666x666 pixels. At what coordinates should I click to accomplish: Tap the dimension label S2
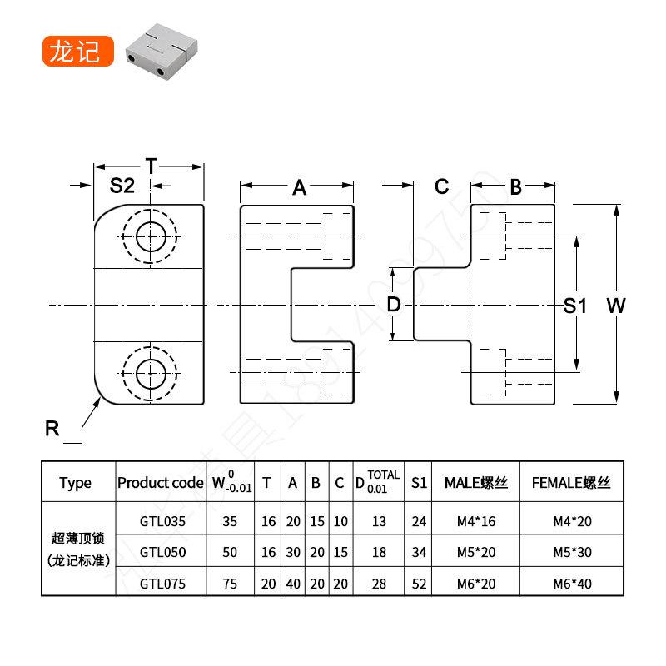click(x=122, y=186)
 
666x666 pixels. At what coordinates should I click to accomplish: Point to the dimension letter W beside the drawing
click(x=616, y=306)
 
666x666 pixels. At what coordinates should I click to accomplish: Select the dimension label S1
click(x=575, y=306)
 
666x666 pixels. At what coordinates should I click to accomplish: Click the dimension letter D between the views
click(x=395, y=305)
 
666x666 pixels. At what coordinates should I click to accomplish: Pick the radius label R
click(x=52, y=429)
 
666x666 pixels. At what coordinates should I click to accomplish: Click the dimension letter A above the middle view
click(x=299, y=188)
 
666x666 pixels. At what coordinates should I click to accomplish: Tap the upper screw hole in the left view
click(x=150, y=234)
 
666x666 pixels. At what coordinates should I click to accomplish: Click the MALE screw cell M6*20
click(x=476, y=584)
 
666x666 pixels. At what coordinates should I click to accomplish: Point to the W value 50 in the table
click(x=231, y=552)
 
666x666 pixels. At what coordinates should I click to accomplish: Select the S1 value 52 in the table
click(x=419, y=584)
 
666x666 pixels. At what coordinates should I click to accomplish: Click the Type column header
click(x=76, y=483)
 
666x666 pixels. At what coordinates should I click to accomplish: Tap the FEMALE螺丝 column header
click(x=571, y=483)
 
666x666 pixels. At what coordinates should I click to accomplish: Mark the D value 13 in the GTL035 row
click(x=379, y=522)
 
